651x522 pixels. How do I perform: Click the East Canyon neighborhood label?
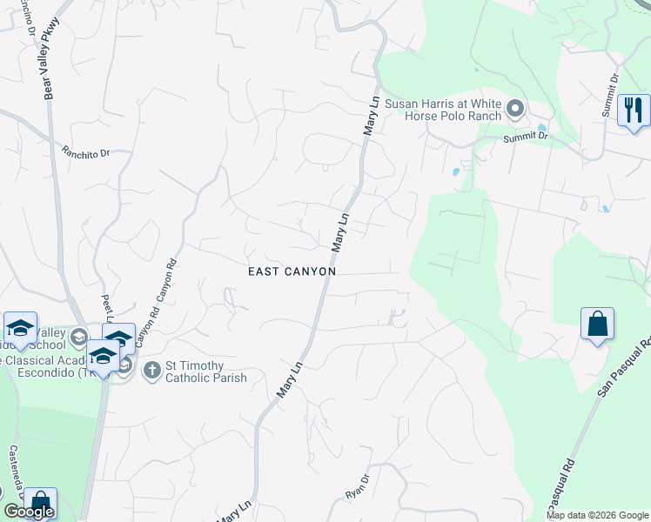tap(292, 271)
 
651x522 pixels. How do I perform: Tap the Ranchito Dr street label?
tap(85, 151)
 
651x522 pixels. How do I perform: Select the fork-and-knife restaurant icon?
tap(634, 110)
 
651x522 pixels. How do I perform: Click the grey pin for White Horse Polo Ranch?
tap(515, 109)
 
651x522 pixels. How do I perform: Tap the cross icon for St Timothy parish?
tap(151, 370)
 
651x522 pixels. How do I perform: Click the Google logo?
tap(29, 512)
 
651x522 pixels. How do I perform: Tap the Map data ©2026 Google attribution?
tap(597, 515)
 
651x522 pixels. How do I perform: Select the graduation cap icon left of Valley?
tap(20, 328)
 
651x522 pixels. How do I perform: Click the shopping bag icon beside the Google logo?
tap(39, 503)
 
